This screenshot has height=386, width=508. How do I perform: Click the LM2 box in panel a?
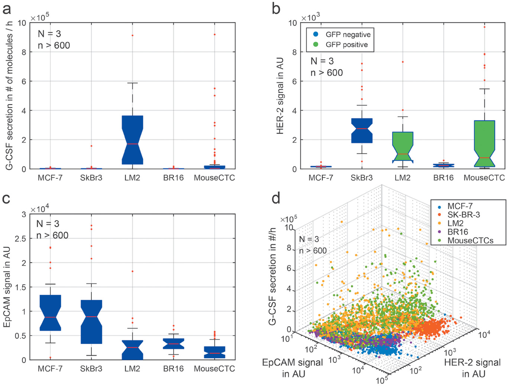click(132, 139)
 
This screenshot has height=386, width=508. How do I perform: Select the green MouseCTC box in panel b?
click(484, 143)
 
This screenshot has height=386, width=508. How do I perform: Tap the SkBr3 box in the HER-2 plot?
click(362, 130)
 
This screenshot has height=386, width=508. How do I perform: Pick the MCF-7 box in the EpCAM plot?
click(50, 312)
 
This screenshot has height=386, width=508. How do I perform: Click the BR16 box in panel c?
click(173, 344)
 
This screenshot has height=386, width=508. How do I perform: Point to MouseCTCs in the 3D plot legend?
click(470, 240)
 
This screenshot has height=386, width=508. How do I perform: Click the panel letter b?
click(276, 8)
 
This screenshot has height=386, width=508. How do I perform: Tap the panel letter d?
click(276, 199)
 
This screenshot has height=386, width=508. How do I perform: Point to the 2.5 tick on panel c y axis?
click(20, 239)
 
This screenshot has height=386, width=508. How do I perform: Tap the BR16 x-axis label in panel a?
click(173, 178)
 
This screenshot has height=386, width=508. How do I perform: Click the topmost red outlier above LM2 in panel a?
click(132, 36)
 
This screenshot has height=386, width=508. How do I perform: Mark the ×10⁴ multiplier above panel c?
click(40, 209)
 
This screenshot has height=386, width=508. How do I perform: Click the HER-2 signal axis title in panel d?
click(472, 368)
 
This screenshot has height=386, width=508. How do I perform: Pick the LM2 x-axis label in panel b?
click(402, 178)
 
